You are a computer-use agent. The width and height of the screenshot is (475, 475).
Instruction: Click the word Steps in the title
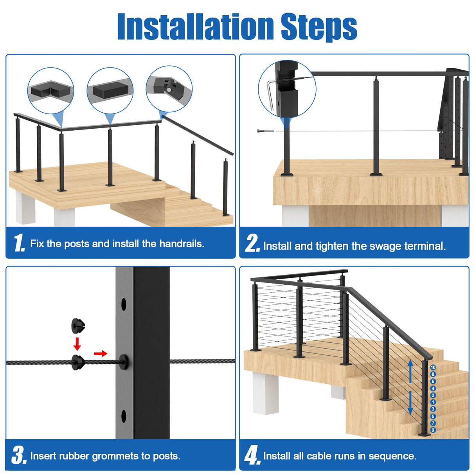click(x=318, y=27)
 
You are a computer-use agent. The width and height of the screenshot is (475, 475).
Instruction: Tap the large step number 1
click(x=18, y=243)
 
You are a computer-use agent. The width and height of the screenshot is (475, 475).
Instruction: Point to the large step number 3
click(x=18, y=456)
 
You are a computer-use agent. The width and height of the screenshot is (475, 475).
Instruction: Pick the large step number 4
click(x=252, y=456)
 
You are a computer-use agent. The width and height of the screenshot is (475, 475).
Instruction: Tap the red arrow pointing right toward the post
click(x=101, y=354)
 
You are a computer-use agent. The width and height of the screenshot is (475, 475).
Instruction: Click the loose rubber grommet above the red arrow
click(x=78, y=325)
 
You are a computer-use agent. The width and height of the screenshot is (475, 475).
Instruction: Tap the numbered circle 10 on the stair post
click(x=433, y=367)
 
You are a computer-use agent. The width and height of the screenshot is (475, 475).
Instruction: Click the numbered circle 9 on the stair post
click(x=433, y=430)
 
